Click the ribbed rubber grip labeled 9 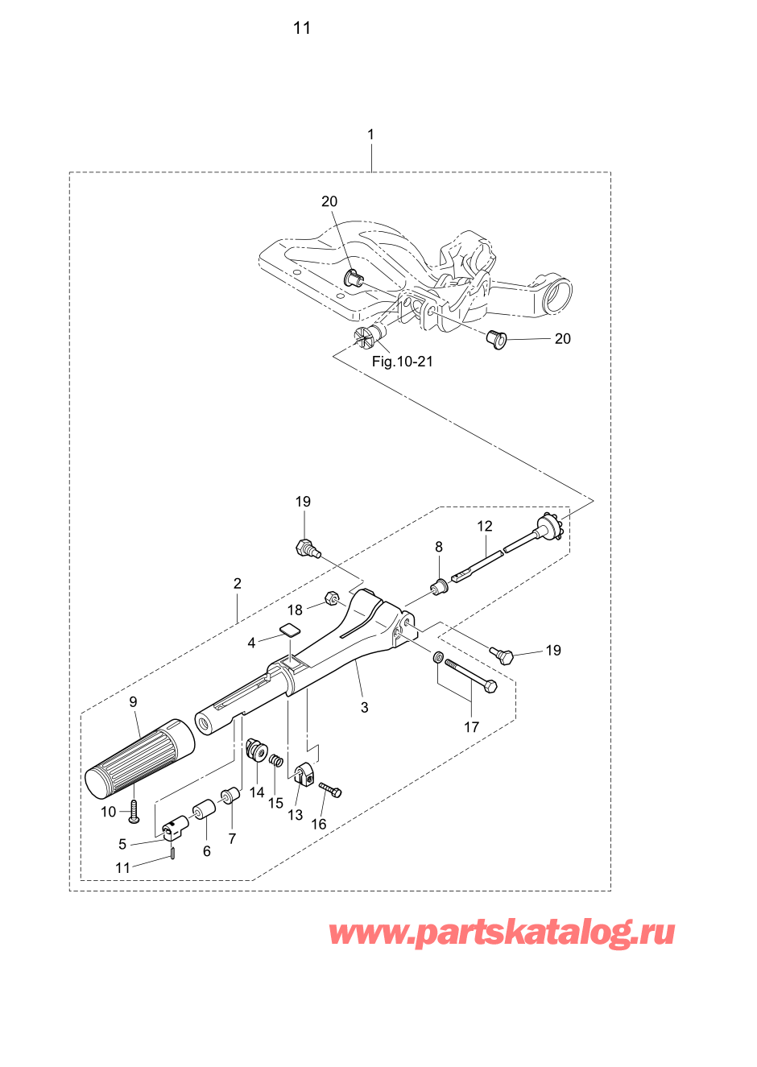pyautogui.click(x=139, y=756)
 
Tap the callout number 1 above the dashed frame pyautogui.click(x=370, y=134)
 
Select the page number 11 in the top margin pyautogui.click(x=302, y=28)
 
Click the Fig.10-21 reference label pyautogui.click(x=402, y=362)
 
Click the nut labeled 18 pyautogui.click(x=331, y=599)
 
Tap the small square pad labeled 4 pyautogui.click(x=290, y=630)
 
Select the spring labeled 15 pyautogui.click(x=275, y=760)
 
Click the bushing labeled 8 pyautogui.click(x=441, y=586)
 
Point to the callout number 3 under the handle pyautogui.click(x=365, y=707)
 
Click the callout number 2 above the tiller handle pyautogui.click(x=237, y=583)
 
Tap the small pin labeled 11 pyautogui.click(x=173, y=853)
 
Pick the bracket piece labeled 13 pyautogui.click(x=301, y=777)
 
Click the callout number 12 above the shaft pyautogui.click(x=484, y=526)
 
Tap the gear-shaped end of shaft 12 pyautogui.click(x=550, y=528)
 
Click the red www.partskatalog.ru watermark pyautogui.click(x=502, y=934)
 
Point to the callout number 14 pyautogui.click(x=257, y=792)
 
